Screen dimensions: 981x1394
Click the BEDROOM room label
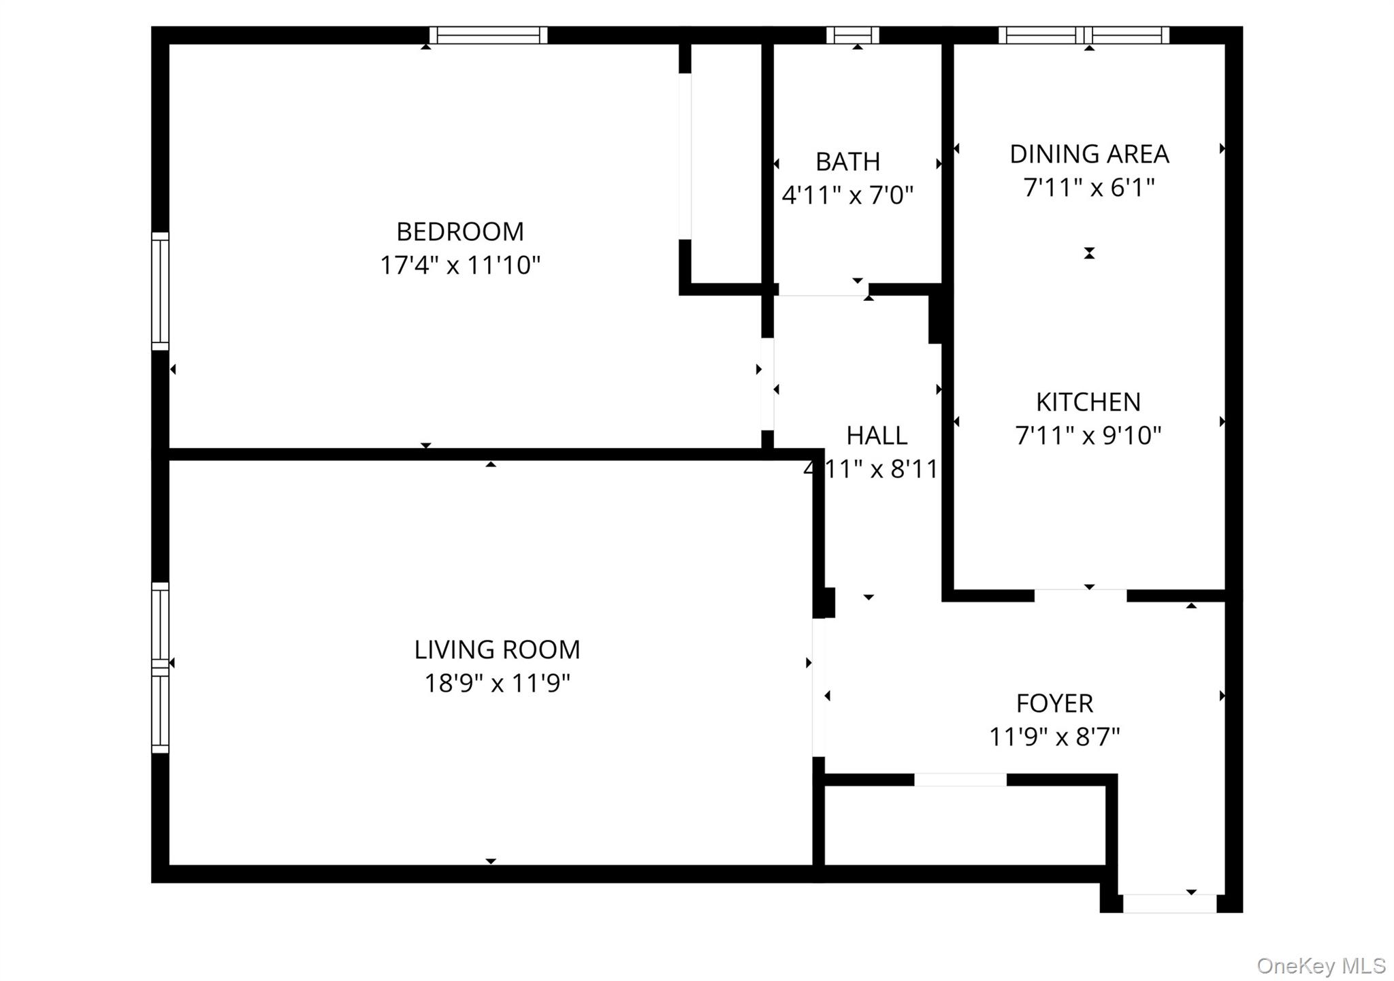[x=460, y=232]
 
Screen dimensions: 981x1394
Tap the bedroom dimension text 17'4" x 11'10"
[x=460, y=266]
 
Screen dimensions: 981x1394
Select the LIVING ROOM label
[x=497, y=650]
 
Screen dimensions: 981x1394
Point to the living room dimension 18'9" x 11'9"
[x=497, y=683]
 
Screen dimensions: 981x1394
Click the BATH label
[x=847, y=162]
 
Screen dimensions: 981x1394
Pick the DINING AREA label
[x=1089, y=155]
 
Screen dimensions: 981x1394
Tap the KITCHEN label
[x=1088, y=402]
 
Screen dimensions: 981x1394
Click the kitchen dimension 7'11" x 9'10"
[x=1088, y=436]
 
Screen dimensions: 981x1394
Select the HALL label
[x=877, y=436]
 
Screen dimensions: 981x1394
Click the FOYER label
[x=1054, y=703]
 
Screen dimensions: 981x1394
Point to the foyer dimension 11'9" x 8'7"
[x=1054, y=737]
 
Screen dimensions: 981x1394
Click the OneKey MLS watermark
[x=1320, y=965]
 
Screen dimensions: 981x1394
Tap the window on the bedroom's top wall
[x=488, y=35]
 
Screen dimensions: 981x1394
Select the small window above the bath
[x=852, y=35]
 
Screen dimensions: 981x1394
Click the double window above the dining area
[x=1084, y=35]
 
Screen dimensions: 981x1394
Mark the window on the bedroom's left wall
[x=160, y=291]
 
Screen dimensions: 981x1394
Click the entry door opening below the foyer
[x=1169, y=904]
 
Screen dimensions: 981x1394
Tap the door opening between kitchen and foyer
[x=1080, y=596]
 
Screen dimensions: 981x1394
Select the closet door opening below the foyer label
[x=960, y=779]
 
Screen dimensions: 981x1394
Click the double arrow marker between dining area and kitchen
[x=1089, y=253]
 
